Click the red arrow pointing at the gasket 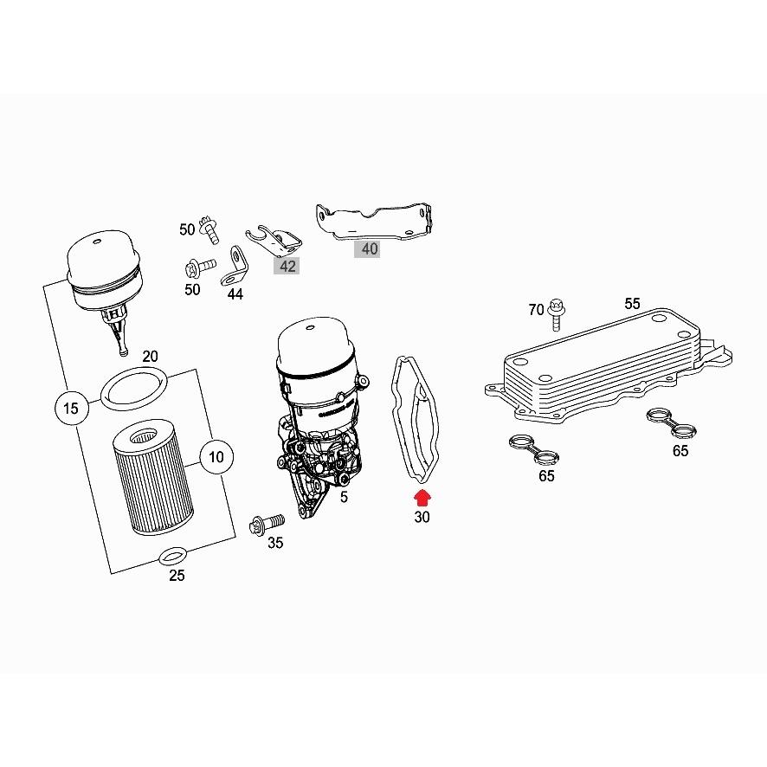click(422, 497)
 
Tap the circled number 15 click(71, 407)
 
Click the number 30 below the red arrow click(422, 518)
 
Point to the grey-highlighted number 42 click(287, 266)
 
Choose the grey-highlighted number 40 click(370, 249)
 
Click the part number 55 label click(633, 304)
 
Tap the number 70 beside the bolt click(537, 310)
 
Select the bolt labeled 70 click(556, 316)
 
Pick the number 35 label click(274, 544)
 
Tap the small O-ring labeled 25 click(174, 555)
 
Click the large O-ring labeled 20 click(133, 387)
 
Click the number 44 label click(235, 293)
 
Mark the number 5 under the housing click(344, 498)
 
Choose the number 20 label click(150, 357)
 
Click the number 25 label click(177, 577)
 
